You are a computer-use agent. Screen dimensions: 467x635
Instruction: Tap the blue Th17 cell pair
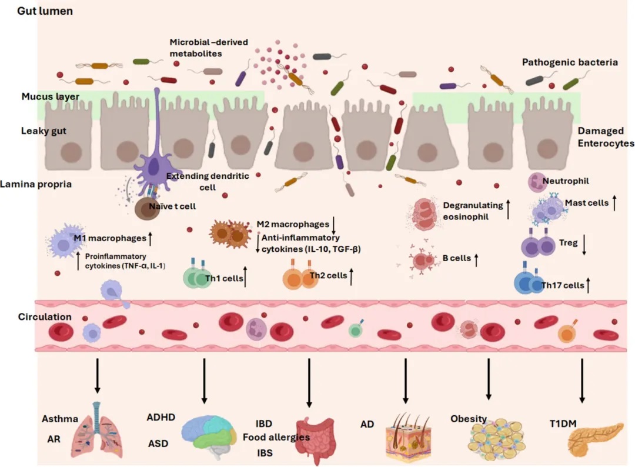click(530, 283)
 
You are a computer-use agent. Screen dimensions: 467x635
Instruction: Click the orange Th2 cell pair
click(300, 277)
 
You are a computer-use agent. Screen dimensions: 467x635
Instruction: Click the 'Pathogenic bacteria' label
click(570, 62)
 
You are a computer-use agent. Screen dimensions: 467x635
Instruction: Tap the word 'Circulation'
click(45, 317)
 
